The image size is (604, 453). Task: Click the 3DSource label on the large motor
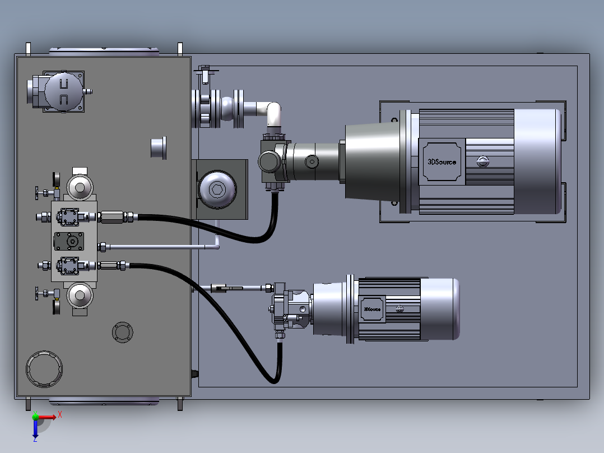442,162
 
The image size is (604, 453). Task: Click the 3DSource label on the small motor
372,309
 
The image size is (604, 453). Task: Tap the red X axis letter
60,415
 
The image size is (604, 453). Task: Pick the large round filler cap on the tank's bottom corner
44,369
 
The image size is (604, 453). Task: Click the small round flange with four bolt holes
123,332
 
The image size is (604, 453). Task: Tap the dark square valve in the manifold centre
69,241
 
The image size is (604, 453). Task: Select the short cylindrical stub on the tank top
159,147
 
